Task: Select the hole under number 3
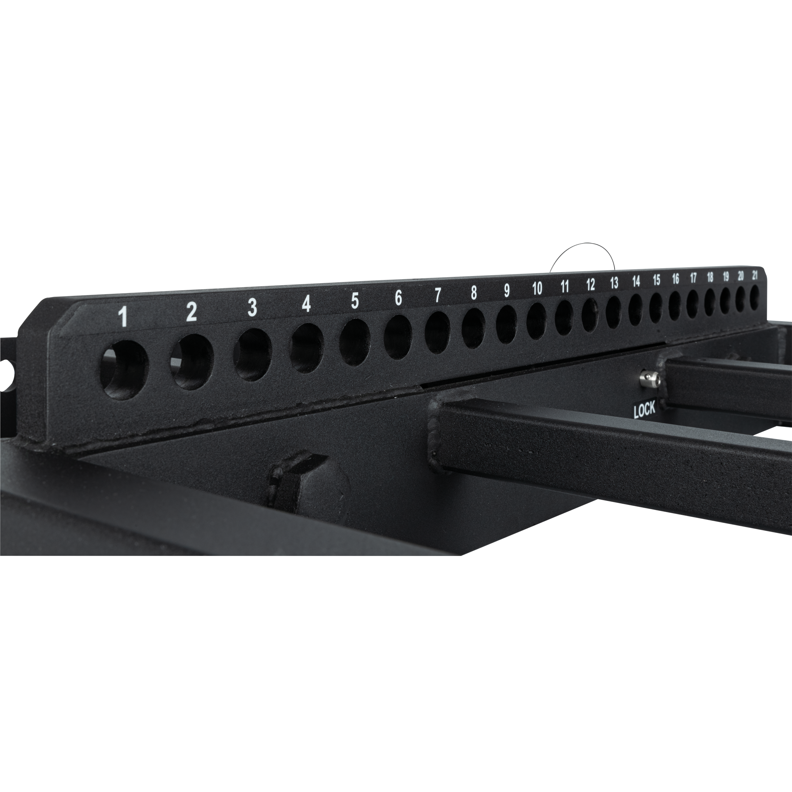click(253, 355)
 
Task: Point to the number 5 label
click(355, 301)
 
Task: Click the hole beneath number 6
click(398, 337)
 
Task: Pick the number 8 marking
click(474, 293)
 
